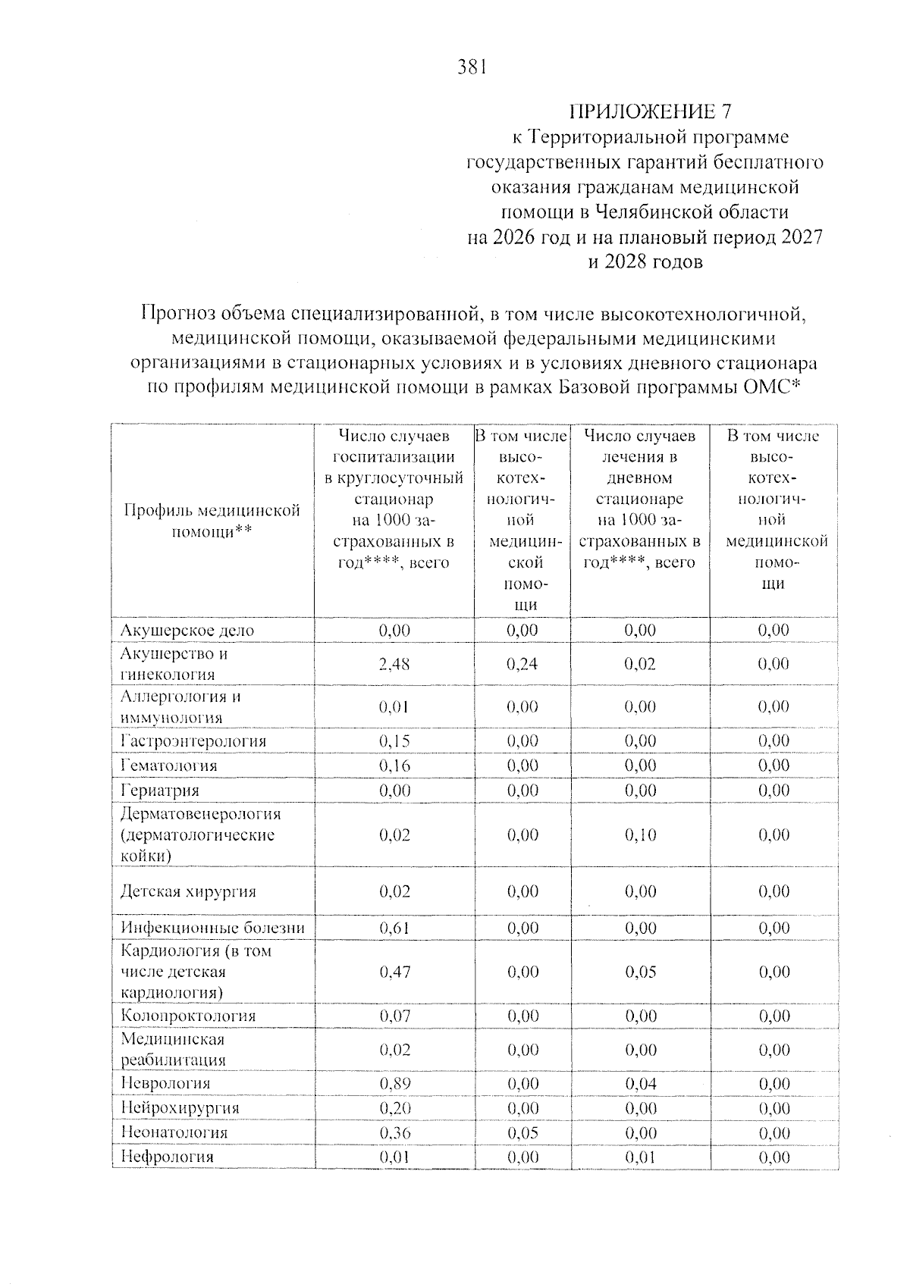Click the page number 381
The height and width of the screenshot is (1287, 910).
coord(471,67)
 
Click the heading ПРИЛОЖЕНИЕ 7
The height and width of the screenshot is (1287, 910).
coord(651,111)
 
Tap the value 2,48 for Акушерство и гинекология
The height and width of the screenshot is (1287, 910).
coord(394,664)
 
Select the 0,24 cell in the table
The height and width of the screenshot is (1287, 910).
coord(522,664)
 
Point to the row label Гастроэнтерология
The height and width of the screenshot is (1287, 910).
coord(193,741)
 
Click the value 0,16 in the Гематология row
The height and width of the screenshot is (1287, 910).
coord(394,766)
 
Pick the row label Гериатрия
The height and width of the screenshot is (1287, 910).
coord(160,790)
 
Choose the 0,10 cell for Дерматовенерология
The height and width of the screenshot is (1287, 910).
coord(641,835)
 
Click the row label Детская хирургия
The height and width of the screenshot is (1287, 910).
coord(188,891)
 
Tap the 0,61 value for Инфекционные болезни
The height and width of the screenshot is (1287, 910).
coord(394,928)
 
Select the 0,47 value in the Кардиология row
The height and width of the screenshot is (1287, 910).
coord(394,972)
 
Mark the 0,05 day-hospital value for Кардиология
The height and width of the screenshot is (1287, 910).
coord(641,972)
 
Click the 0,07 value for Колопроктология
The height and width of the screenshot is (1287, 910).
coord(394,1016)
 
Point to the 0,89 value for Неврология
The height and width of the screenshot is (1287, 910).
coord(394,1084)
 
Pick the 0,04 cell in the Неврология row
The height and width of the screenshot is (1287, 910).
coord(641,1084)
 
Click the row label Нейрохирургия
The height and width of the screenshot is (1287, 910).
coord(180,1108)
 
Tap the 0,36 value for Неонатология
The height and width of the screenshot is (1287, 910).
coord(394,1133)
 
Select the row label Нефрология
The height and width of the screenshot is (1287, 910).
coord(167,1157)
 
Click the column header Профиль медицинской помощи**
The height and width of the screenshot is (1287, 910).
coord(212,521)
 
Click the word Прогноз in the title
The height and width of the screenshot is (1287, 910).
coord(179,312)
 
